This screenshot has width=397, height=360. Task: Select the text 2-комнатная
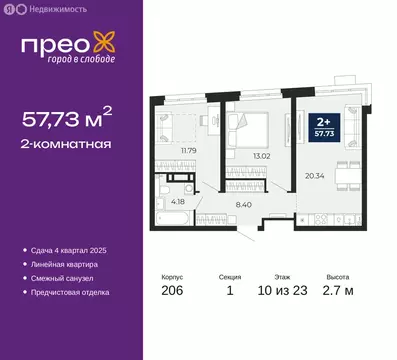(x=66, y=144)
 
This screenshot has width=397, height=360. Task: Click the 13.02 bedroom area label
(x=263, y=156)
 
